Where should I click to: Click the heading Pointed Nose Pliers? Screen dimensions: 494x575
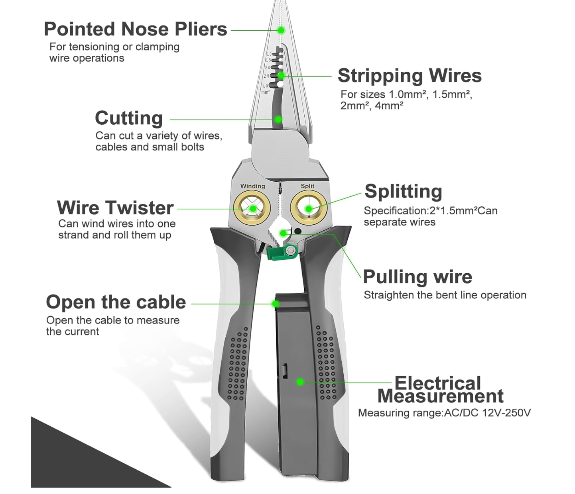135,29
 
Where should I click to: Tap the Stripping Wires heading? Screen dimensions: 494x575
410,76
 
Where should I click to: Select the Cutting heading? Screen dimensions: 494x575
129,118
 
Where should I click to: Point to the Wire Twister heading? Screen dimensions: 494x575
115,208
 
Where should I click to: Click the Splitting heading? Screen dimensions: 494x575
403,192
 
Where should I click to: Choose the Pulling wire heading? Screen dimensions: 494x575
417,277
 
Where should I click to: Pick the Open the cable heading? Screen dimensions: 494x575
116,302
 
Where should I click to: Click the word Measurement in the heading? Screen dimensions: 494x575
440,396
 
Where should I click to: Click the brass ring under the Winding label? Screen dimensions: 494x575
252,208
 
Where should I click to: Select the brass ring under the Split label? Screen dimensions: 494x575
309,208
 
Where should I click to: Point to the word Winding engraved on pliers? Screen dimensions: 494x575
252,186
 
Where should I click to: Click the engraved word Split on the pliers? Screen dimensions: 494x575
307,186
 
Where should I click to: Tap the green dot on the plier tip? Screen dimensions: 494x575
281,30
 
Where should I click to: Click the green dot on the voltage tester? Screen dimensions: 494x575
300,382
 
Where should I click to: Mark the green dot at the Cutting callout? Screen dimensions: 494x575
279,119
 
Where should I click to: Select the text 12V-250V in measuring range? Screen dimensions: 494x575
506,413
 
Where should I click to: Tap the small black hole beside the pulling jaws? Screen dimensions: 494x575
297,231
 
